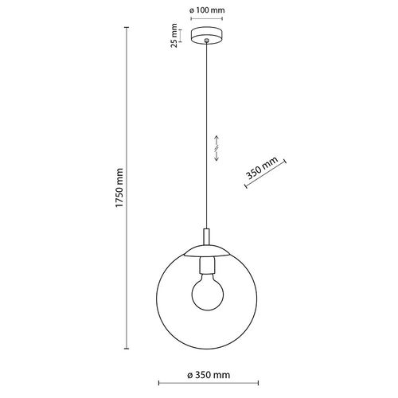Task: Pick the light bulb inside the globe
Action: pyautogui.click(x=209, y=292)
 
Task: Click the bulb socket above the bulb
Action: pyautogui.click(x=209, y=265)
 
